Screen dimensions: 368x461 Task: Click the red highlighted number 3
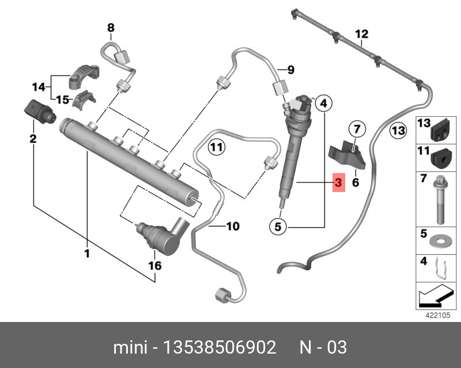[338, 183]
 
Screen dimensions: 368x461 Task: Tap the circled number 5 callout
[278, 227]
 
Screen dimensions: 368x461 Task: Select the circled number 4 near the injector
[324, 103]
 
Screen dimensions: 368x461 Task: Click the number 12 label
[361, 34]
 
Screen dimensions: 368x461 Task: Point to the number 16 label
[155, 266]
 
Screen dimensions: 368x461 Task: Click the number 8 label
[111, 27]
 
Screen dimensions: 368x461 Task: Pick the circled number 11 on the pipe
[216, 148]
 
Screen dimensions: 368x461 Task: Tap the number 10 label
[232, 227]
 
